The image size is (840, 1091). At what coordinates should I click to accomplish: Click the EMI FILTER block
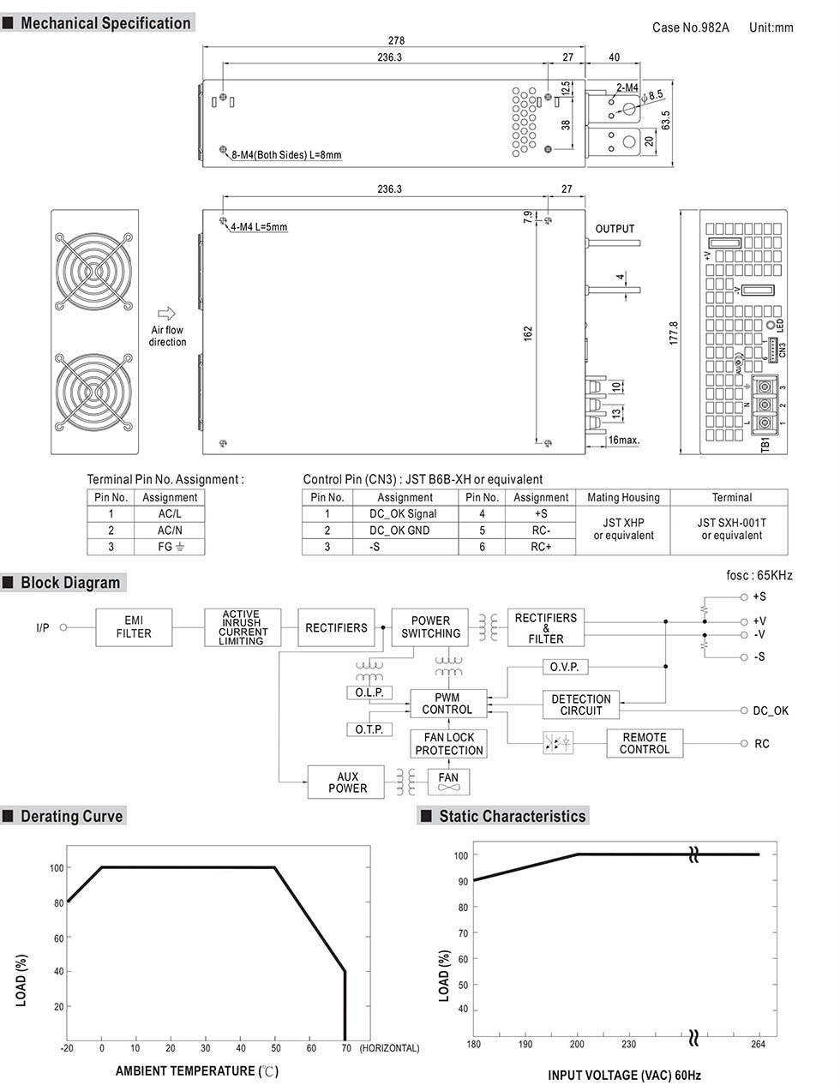(134, 627)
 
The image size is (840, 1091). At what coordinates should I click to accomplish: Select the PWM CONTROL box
(447, 704)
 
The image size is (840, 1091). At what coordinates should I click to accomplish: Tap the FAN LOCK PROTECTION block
(448, 744)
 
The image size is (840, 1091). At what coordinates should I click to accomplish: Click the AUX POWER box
(347, 782)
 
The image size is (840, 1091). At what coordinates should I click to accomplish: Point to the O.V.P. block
(564, 667)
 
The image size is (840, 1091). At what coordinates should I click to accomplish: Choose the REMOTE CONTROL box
(644, 743)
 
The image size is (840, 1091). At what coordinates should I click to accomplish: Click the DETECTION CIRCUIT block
(580, 704)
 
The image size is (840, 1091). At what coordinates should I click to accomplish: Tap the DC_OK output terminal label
(770, 710)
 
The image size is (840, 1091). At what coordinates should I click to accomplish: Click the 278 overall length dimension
(396, 40)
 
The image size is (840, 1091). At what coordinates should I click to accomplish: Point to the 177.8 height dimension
(674, 333)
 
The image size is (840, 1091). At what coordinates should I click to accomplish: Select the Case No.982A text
(690, 27)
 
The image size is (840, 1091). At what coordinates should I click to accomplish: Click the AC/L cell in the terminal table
(170, 514)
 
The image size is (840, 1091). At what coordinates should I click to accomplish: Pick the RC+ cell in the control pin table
(541, 547)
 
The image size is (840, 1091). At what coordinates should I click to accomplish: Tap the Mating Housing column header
(623, 497)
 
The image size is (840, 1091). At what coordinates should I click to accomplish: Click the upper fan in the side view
(93, 270)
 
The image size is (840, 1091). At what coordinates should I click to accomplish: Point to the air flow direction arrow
(167, 314)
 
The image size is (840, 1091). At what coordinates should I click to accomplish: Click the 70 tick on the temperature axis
(345, 1048)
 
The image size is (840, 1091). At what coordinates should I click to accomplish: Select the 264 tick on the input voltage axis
(758, 1044)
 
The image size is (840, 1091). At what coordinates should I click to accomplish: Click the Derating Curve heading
(72, 817)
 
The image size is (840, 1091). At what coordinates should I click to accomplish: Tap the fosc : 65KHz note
(759, 575)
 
